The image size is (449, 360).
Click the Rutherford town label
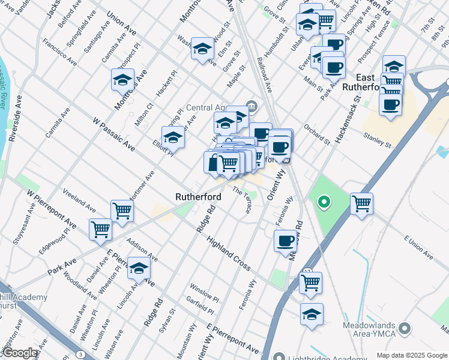tap(198, 197)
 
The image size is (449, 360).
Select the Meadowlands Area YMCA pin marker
tap(405, 329)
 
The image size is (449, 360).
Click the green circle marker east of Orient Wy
tap(324, 202)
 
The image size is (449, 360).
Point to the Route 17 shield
tap(307, 272)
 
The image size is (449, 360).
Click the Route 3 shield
tap(80, 355)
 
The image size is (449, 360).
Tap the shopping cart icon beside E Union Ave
tap(362, 204)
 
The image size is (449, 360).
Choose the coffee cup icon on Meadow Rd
tap(285, 241)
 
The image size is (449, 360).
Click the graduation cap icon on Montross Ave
tap(122, 80)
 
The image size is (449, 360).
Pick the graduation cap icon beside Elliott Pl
tap(173, 137)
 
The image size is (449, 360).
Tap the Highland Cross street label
tap(228, 253)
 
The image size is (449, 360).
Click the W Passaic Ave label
tap(113, 134)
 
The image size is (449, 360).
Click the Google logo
tap(20, 353)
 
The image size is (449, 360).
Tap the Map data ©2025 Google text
tap(411, 355)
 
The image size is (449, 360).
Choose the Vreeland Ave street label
tap(79, 200)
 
